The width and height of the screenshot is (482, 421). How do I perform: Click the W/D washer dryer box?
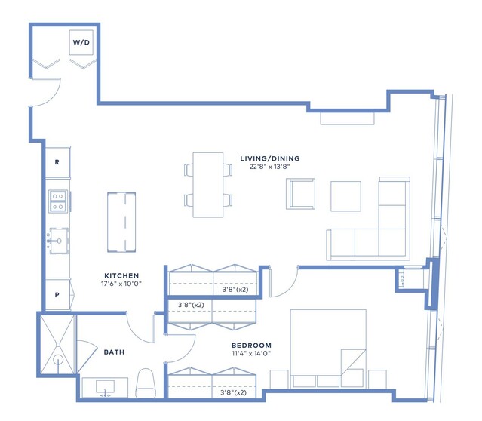(x=81, y=42)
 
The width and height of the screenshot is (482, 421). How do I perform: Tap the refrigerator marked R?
(x=57, y=162)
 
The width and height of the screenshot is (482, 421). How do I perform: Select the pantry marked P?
(x=57, y=294)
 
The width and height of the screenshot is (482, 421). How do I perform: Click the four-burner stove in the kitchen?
(x=58, y=201)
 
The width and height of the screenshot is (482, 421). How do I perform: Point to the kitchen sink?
(x=59, y=241)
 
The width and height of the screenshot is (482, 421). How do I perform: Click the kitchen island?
(x=121, y=223)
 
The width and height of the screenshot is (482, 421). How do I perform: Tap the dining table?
(x=208, y=185)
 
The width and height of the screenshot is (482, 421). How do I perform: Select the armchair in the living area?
(x=300, y=194)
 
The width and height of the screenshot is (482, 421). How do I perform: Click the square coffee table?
(x=345, y=196)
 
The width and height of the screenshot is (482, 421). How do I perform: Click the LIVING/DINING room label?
(x=270, y=158)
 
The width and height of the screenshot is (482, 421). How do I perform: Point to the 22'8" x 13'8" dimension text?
(x=270, y=167)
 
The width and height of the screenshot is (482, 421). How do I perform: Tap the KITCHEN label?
(x=121, y=275)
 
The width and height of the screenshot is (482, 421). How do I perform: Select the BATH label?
(x=114, y=352)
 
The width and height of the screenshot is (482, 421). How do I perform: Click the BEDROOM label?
(x=251, y=346)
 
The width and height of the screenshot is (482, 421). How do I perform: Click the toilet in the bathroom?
(x=146, y=383)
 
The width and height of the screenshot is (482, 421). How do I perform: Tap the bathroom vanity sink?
(x=105, y=387)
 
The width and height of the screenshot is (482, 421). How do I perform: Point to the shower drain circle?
(x=57, y=359)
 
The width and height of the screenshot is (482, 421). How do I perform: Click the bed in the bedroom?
(x=328, y=349)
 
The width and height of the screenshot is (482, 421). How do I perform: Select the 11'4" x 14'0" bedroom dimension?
(x=251, y=354)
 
